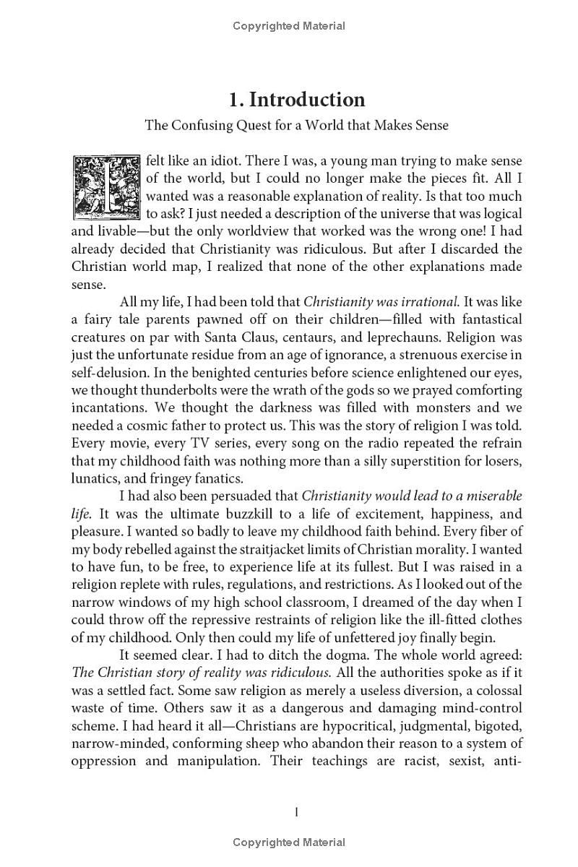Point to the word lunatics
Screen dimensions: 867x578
pos(95,478)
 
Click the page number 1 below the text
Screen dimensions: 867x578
pos(297,812)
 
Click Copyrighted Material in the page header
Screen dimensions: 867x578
pos(289,26)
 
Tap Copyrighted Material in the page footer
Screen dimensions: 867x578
pos(289,842)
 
